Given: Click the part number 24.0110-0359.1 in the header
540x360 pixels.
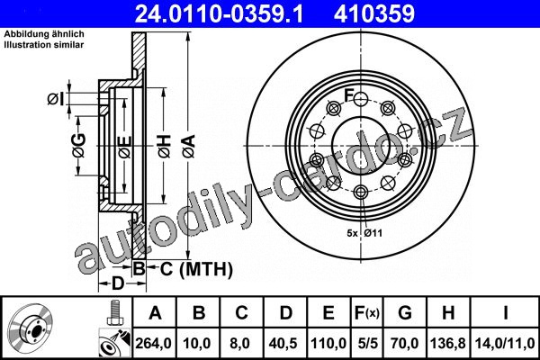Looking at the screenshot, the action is (x=219, y=13).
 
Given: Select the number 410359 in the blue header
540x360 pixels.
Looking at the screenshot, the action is (x=374, y=13).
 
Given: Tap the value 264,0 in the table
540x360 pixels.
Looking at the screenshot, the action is (x=153, y=343).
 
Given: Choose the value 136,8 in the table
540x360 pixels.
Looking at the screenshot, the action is (x=447, y=343).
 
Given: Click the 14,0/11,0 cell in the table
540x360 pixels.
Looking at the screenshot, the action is (x=505, y=343).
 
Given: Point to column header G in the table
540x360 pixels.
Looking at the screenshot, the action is (x=405, y=313).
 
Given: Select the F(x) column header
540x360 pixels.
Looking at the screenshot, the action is (x=367, y=313).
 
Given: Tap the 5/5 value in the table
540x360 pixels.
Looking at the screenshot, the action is (x=367, y=343).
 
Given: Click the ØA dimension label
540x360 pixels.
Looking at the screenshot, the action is (x=189, y=147).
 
